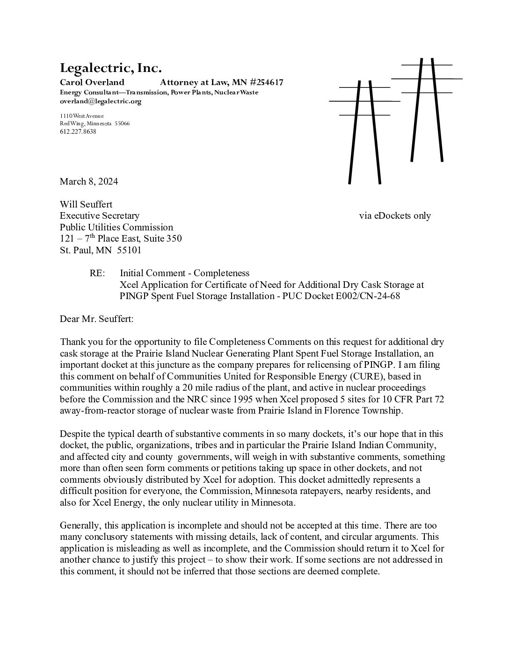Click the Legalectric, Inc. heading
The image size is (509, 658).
coord(110,68)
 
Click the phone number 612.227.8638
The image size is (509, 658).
coord(78,132)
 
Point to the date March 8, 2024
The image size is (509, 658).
coord(88,181)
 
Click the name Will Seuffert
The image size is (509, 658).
coord(86,204)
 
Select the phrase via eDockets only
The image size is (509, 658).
coord(395,215)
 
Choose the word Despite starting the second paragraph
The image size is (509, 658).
coord(75,434)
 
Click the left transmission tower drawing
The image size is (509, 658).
coord(364,131)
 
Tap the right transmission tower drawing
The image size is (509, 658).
coord(427,110)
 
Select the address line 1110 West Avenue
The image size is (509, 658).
coord(81,116)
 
